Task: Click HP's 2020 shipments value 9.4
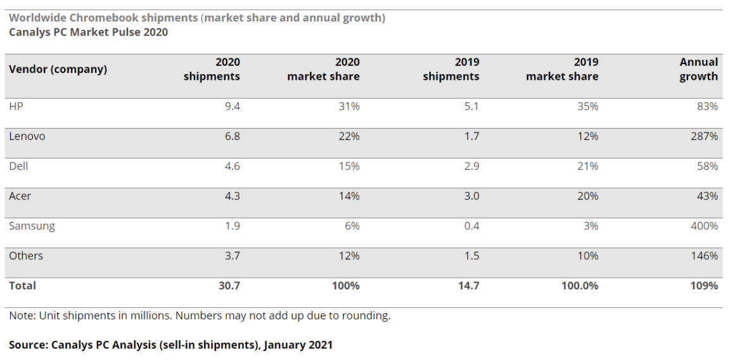tap(233, 106)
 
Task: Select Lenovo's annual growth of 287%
tap(704, 136)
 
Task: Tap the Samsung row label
tap(32, 226)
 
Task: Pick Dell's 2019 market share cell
tap(587, 166)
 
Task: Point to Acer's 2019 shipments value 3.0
tap(471, 196)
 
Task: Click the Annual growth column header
tap(698, 69)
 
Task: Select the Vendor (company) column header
tap(58, 69)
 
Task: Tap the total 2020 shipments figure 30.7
tap(229, 286)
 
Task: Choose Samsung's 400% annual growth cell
tap(704, 226)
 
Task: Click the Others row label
tap(26, 256)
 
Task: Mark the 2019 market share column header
tap(561, 69)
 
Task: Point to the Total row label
tap(22, 286)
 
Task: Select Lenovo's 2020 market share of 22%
tap(349, 136)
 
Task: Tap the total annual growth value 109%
tap(704, 286)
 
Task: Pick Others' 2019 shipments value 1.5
tap(471, 256)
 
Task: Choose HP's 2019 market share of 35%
tap(587, 106)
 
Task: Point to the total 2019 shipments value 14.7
tap(468, 286)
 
